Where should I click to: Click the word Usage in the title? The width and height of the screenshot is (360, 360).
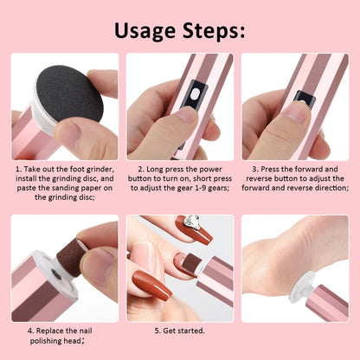coord(142,32)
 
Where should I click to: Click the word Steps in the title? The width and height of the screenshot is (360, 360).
coord(211,32)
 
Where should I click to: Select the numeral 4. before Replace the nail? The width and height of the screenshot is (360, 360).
coord(30,331)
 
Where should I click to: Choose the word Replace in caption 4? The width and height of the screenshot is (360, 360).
coord(52,331)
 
